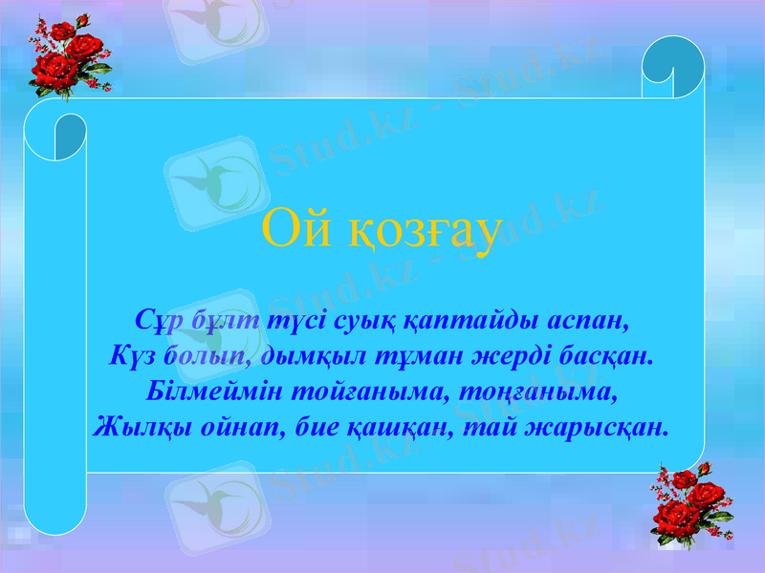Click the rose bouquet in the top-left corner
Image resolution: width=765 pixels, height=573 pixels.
[x=67, y=57]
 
